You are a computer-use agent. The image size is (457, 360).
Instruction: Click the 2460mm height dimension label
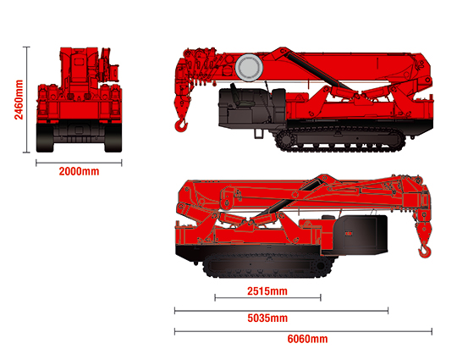pos(19,99)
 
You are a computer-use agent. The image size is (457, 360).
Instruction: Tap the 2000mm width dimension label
pos(79,171)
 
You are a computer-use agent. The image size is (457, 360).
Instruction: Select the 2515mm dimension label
pos(267,291)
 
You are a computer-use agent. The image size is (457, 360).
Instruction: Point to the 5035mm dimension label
pos(267,318)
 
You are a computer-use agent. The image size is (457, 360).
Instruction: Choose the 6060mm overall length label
pos(307,339)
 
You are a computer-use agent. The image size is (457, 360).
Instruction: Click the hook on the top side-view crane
pos(181,125)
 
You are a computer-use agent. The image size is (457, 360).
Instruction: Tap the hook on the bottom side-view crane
pos(425,252)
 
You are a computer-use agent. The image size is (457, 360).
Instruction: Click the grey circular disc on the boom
pos(249,68)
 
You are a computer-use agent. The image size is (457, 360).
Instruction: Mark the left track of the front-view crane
pos(45,138)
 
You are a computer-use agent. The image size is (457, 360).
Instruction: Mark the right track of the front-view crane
pos(113,138)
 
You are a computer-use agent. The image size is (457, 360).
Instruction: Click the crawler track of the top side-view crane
pos(340,139)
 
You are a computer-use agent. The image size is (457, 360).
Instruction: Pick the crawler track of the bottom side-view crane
pos(268,265)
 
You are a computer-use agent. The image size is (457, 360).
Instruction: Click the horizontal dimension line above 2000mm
pos(79,163)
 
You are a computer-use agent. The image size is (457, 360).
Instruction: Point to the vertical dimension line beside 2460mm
pos(27,99)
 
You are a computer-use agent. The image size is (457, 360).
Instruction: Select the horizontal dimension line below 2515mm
pos(267,298)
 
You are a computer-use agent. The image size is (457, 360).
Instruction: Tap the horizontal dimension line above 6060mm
pos(303,331)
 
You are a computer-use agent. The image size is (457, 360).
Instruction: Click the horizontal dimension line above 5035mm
pos(281,311)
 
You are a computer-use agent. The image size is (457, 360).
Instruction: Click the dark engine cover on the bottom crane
pos(361,235)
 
